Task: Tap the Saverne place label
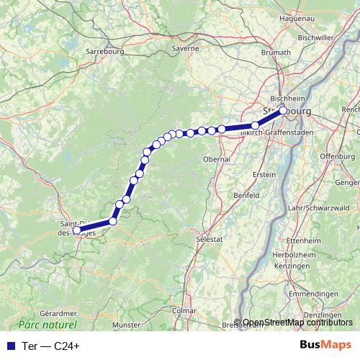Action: coord(185,48)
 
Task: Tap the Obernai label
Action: coord(217,158)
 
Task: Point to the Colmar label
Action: coord(184,310)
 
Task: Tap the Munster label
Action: coord(127,325)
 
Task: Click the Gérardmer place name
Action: coord(58,314)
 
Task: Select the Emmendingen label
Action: coord(312,294)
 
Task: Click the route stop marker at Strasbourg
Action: coord(283,111)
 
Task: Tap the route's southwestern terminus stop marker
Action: coord(77,230)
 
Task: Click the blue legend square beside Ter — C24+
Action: coord(9,346)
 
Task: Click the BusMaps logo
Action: coord(325,345)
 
